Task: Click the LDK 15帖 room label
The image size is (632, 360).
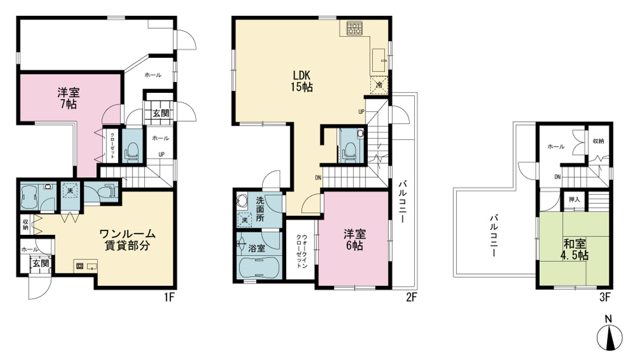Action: click(302, 80)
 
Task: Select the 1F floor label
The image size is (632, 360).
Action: click(169, 297)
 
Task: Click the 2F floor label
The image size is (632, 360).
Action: click(411, 297)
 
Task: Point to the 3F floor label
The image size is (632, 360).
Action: click(605, 297)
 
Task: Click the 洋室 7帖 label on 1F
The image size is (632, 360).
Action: click(68, 98)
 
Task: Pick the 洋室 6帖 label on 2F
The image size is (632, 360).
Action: click(355, 239)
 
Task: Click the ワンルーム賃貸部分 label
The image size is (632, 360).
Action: click(127, 239)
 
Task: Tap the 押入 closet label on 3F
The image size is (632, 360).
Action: click(574, 200)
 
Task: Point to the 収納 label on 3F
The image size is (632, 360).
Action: click(599, 141)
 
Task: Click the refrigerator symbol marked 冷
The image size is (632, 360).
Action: click(379, 85)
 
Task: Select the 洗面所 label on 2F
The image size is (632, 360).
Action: click(260, 208)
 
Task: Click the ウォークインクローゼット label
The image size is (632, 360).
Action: click(302, 251)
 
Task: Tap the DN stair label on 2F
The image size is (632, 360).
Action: click(318, 177)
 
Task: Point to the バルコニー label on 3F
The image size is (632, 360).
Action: click(494, 236)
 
